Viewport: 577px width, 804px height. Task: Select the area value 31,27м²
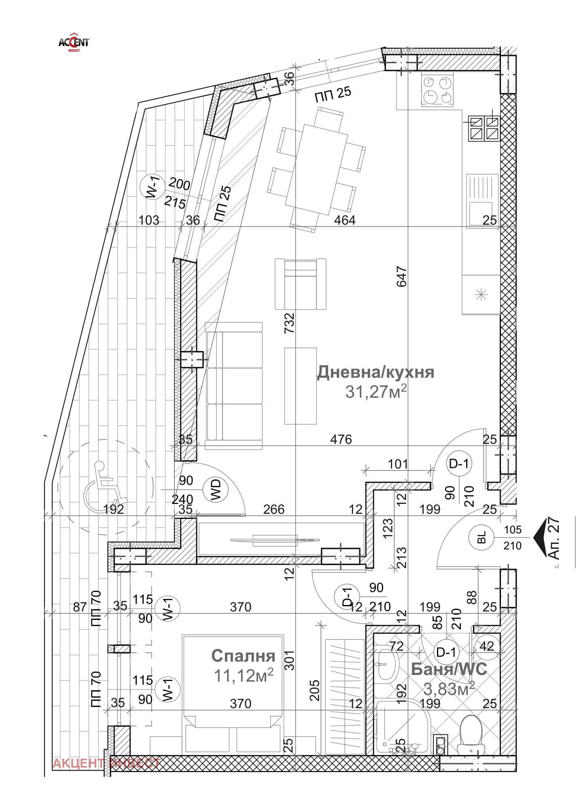tap(375, 391)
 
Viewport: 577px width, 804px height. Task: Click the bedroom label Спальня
tap(243, 656)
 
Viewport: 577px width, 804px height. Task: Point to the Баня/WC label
tap(449, 669)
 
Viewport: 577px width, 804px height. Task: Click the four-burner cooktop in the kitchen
tap(437, 89)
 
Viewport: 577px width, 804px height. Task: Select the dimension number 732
tap(289, 323)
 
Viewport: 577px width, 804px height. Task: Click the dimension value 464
tap(344, 220)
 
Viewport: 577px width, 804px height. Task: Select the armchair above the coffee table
tap(300, 284)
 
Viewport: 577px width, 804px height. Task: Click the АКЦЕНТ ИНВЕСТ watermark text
tap(107, 763)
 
